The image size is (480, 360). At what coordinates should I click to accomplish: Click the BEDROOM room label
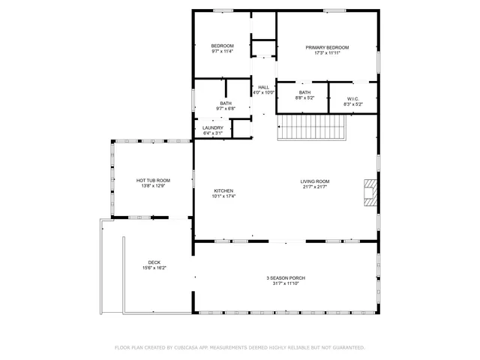pos(221,46)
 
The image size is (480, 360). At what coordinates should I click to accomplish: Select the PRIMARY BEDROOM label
pos(327,47)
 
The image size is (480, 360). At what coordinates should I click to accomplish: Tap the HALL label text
pos(263,88)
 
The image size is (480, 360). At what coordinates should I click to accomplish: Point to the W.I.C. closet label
pos(352,98)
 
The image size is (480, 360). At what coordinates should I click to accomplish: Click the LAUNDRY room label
pos(212,128)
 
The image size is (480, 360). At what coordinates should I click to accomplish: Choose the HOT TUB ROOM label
pos(153,180)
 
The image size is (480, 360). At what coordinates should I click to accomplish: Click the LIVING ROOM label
pos(315,181)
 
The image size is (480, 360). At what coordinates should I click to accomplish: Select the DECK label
pos(154,262)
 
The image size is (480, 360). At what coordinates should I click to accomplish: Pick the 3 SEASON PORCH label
pos(286,278)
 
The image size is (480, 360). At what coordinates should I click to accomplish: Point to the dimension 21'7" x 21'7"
pos(315,187)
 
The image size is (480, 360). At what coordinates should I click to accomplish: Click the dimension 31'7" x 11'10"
pos(286,284)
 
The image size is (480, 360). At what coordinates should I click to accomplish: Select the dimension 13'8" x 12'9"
pos(153,186)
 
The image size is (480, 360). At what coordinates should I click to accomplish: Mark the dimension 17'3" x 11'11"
pos(327,53)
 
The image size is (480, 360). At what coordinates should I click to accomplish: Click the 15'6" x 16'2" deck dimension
pos(154,268)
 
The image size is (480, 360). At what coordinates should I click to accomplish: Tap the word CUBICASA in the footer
pos(184,347)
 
